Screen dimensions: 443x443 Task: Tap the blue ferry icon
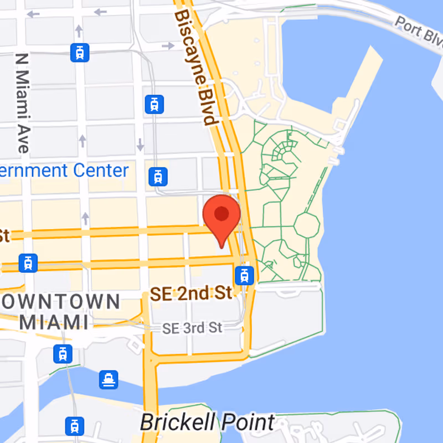[109, 380]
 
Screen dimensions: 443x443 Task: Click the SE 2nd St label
[191, 293]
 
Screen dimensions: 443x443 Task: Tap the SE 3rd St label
[192, 328]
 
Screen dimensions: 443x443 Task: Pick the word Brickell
[177, 423]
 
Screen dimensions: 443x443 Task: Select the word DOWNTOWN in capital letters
[61, 302]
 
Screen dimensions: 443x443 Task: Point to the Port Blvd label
[418, 30]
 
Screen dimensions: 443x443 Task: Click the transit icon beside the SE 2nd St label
[244, 274]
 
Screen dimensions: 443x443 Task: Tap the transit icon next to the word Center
[158, 177]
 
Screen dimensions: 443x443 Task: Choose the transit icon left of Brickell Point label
[74, 426]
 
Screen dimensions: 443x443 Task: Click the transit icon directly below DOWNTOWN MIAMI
[63, 353]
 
